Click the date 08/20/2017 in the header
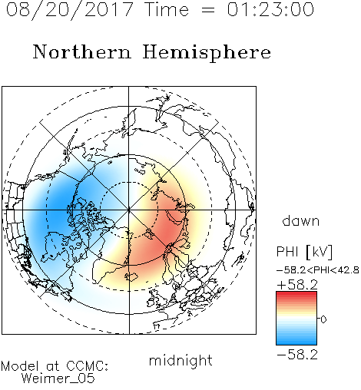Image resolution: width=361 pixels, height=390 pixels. coord(69,10)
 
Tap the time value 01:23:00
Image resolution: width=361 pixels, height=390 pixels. coord(270,9)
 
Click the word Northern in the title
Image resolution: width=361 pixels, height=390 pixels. coord(82,51)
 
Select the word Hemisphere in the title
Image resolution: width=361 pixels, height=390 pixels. coord(207,53)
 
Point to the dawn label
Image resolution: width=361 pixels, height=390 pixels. coord(301,220)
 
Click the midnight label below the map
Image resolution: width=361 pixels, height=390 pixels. coord(180,360)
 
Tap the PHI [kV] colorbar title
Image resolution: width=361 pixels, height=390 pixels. coord(304,252)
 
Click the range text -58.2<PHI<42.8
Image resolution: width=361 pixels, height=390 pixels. coord(318,270)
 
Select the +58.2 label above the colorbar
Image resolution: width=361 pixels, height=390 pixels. coord(297,285)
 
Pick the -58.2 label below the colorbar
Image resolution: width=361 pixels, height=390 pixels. coord(297,355)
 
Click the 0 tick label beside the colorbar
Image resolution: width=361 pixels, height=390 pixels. coord(323,319)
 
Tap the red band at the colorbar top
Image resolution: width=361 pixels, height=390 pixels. coord(296,295)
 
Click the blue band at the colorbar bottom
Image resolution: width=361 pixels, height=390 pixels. coord(296,341)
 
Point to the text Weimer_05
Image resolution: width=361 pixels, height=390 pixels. coord(58,378)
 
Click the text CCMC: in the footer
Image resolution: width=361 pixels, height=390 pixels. coord(88,366)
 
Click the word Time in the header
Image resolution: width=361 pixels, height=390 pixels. coord(167,9)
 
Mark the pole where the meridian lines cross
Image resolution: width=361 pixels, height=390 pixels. coord(129,210)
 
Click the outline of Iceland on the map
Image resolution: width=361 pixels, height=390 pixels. coord(131,277)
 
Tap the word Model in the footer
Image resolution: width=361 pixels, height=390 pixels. coord(20,366)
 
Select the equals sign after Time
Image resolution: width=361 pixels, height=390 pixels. coord(208,11)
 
